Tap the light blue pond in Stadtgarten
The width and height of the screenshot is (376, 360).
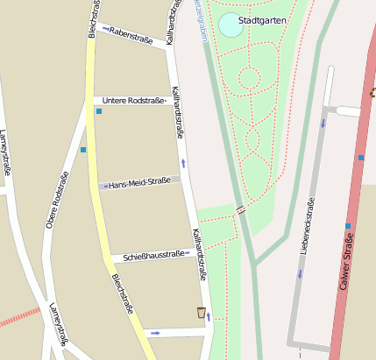click(x=231, y=25)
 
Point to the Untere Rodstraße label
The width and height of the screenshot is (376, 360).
click(x=135, y=101)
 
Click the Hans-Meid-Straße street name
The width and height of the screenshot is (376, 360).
click(x=139, y=183)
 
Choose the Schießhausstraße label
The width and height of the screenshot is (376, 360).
click(x=154, y=255)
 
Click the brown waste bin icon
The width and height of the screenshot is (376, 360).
click(x=202, y=312)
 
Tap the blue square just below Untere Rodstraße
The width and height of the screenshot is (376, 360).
click(x=99, y=111)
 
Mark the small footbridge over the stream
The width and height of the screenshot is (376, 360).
click(x=239, y=209)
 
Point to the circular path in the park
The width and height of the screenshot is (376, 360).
click(x=249, y=78)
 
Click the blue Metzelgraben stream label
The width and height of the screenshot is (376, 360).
click(x=202, y=19)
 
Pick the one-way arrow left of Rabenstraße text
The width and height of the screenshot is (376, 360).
click(x=105, y=30)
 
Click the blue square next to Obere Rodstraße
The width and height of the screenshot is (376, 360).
click(x=83, y=150)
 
